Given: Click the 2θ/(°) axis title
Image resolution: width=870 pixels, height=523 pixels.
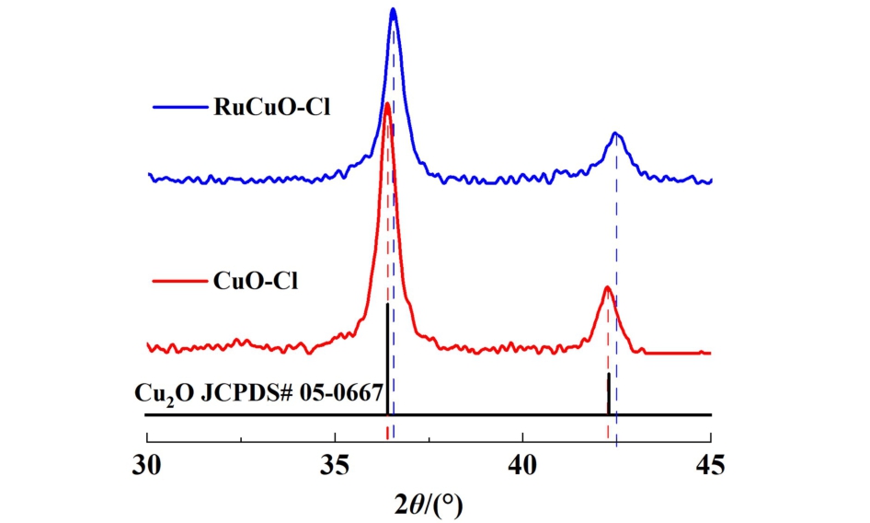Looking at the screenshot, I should (429, 503).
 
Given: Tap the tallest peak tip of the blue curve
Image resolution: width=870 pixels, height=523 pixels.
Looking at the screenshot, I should (394, 10).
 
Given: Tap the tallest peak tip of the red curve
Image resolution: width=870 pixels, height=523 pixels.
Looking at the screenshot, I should (387, 104).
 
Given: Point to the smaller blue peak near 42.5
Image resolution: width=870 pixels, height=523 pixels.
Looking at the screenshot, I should (616, 134).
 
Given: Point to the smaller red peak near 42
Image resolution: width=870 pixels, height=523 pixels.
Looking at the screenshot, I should (607, 287).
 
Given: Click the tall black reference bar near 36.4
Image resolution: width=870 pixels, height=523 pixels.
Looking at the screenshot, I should (387, 359).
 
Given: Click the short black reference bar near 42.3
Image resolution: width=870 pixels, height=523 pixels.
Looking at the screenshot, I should (609, 394).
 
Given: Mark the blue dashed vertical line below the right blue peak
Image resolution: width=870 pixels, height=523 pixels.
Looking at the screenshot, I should (616, 276).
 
